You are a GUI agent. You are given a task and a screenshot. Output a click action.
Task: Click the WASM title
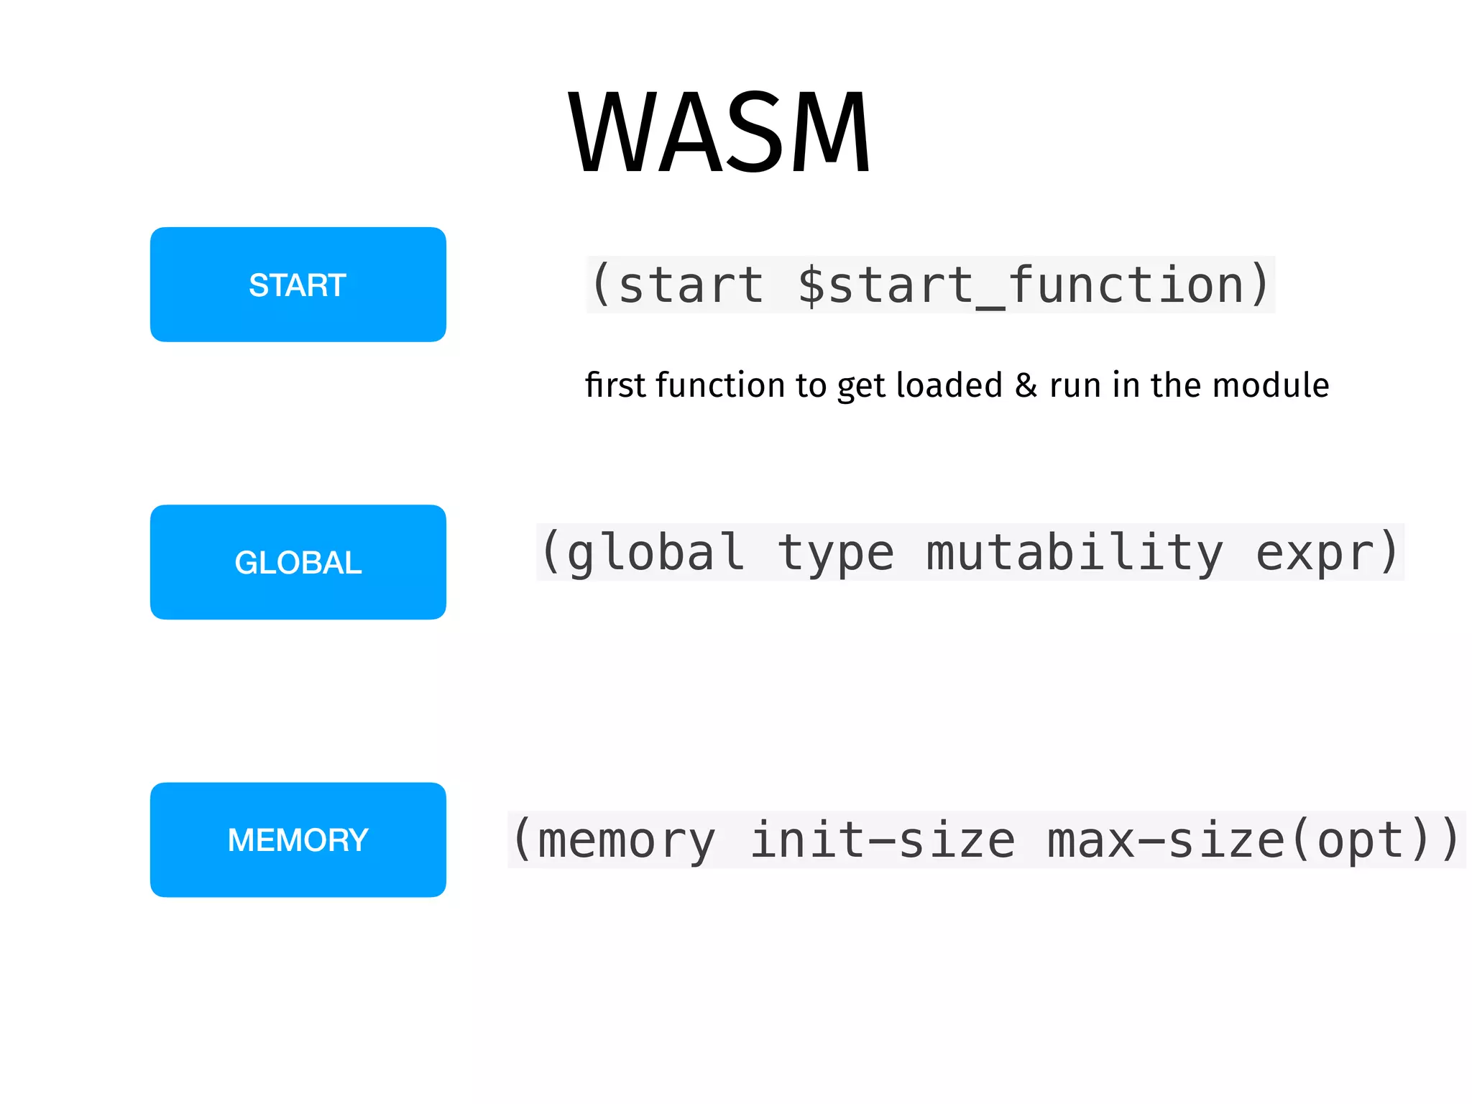click(x=719, y=132)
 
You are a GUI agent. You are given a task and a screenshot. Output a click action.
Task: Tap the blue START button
click(x=298, y=285)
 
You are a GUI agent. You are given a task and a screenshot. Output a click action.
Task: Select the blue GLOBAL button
click(x=298, y=562)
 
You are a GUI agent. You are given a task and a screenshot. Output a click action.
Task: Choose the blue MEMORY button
click(x=298, y=839)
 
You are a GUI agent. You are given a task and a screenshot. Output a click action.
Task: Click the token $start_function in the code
click(x=1021, y=285)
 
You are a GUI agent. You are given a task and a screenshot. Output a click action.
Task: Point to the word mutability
click(x=1075, y=553)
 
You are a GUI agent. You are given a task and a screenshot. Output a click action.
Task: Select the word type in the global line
click(x=836, y=553)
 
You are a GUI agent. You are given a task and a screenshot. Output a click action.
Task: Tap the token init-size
click(x=882, y=840)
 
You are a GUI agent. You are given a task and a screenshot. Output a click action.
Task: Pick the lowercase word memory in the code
click(x=626, y=840)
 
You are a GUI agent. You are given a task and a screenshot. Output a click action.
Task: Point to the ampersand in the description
click(x=1026, y=385)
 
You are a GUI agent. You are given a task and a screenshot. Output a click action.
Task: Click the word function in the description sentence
click(x=721, y=385)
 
